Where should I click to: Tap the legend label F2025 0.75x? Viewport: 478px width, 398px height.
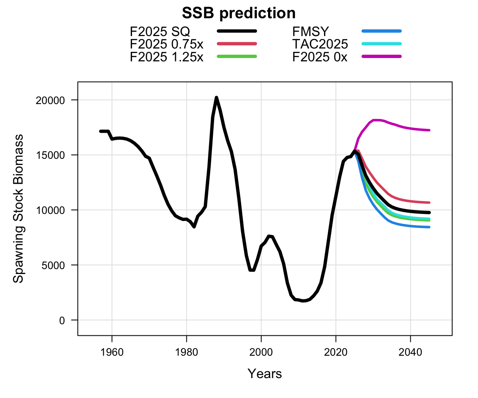pyautogui.click(x=166, y=44)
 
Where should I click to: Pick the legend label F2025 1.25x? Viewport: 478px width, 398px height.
pyautogui.click(x=166, y=56)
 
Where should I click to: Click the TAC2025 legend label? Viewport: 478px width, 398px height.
pyautogui.click(x=320, y=44)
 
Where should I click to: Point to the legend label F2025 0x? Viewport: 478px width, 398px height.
pyautogui.click(x=319, y=56)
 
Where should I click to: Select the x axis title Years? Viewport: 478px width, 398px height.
pyautogui.click(x=265, y=374)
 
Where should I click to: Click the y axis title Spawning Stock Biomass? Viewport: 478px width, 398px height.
pyautogui.click(x=18, y=209)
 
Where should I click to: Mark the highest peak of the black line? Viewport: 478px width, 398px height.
pyautogui.click(x=216, y=97)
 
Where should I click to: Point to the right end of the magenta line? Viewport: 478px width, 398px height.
pyautogui.click(x=429, y=130)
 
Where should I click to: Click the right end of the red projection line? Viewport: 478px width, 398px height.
pyautogui.click(x=429, y=203)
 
